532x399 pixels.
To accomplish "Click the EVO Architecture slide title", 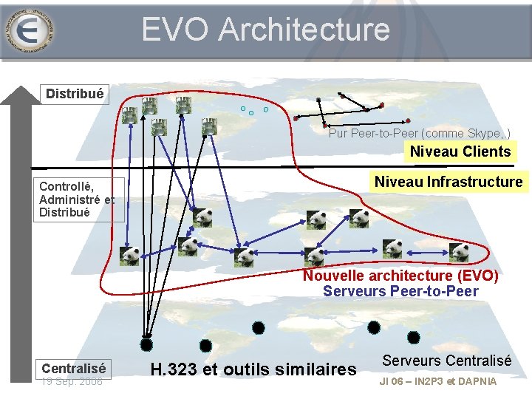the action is (x=265, y=30).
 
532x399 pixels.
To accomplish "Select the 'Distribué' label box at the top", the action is (x=75, y=94).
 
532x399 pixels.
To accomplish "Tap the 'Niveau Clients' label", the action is (x=460, y=151).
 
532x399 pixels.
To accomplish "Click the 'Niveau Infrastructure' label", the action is (x=448, y=182).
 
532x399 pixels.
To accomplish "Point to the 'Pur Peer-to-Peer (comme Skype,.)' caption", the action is (x=419, y=134).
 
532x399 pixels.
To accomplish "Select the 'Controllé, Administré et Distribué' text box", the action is (x=76, y=199).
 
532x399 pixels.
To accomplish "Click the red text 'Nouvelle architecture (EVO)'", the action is (x=400, y=276).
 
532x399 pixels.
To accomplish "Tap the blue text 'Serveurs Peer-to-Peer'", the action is (x=400, y=291).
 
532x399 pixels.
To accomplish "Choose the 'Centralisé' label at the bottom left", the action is (x=74, y=368).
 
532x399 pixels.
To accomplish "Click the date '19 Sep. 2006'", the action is (x=72, y=381).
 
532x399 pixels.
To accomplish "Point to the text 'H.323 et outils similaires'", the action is (x=253, y=369).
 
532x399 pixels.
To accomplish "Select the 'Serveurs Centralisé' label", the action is (x=446, y=361).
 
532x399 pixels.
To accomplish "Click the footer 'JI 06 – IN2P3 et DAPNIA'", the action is (x=437, y=381).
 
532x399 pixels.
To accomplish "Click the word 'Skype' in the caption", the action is (x=482, y=134).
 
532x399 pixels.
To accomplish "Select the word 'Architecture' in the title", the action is (x=304, y=30).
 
